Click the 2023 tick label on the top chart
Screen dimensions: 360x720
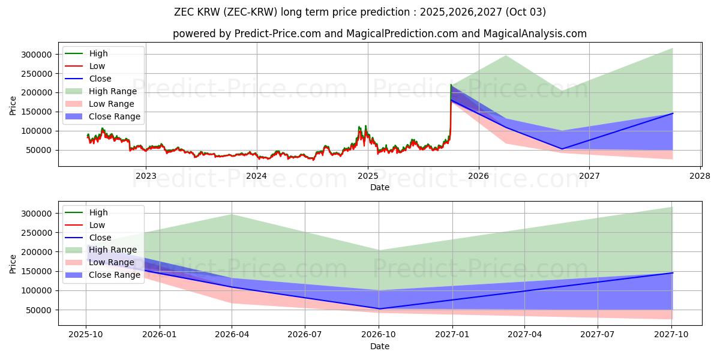click(x=146, y=176)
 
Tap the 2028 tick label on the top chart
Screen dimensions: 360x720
click(x=700, y=176)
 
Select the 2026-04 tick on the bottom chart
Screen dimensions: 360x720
click(x=232, y=335)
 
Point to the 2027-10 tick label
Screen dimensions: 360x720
click(x=672, y=335)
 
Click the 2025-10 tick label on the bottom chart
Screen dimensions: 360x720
click(x=86, y=335)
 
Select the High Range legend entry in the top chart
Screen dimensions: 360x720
click(x=113, y=91)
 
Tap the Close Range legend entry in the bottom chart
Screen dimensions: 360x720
click(x=115, y=275)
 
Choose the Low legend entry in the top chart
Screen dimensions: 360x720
click(x=97, y=66)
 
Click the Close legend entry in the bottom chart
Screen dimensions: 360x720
click(x=100, y=238)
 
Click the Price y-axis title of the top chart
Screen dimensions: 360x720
click(x=13, y=106)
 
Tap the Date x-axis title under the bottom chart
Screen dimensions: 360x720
click(x=379, y=346)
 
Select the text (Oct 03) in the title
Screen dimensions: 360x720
click(x=526, y=12)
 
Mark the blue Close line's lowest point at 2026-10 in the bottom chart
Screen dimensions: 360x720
click(x=379, y=309)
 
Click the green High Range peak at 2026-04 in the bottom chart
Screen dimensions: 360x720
click(x=232, y=214)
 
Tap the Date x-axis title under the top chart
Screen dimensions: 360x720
click(x=379, y=187)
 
